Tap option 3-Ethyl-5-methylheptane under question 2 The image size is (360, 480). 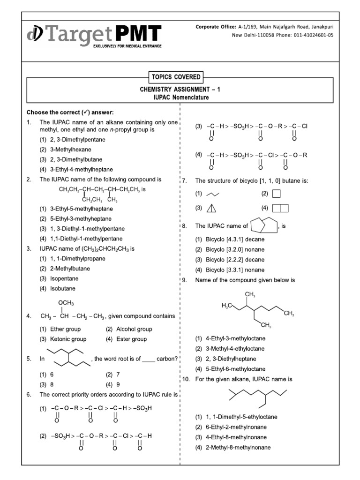(x=82, y=209)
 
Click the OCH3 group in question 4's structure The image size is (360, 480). (x=66, y=303)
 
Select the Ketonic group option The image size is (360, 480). (x=69, y=339)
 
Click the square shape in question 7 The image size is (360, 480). (x=277, y=194)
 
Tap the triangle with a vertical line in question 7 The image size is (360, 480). (x=212, y=208)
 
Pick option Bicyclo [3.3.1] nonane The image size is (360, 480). (x=235, y=270)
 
